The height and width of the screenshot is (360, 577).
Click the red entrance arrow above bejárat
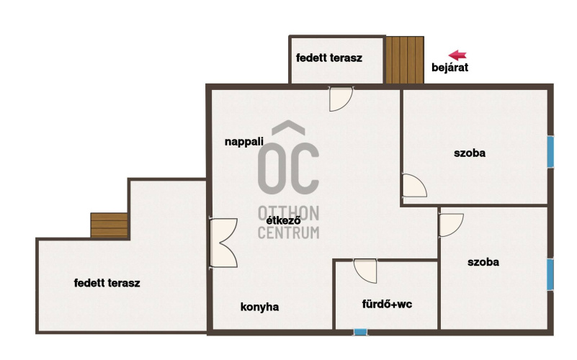coord(457,55)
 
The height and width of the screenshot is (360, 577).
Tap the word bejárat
coord(449,68)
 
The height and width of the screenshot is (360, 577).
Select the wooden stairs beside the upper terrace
coord(405,60)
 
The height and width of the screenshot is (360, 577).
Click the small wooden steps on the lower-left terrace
coord(109,225)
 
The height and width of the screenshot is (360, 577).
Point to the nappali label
coord(244,142)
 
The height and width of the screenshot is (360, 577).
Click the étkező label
coord(283,220)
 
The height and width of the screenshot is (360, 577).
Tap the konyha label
coord(259,307)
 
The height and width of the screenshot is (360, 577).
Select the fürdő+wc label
coord(387,304)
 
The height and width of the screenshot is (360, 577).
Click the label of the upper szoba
coord(470,153)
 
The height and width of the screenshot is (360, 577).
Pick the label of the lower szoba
coord(483,262)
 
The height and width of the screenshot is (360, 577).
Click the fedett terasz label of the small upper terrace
coord(329,58)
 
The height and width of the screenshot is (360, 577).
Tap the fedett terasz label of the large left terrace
coord(107,283)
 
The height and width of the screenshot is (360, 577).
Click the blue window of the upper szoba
coord(550,151)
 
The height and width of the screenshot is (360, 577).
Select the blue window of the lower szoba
coord(550,274)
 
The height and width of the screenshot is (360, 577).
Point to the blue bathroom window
coord(361,332)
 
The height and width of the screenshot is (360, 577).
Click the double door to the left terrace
coord(223,243)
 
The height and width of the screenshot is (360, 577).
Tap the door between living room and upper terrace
coord(341,99)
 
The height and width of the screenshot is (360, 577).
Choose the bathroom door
coord(365,271)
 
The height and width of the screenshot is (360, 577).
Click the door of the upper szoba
coord(415,185)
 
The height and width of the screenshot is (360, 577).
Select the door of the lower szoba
coord(451,225)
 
